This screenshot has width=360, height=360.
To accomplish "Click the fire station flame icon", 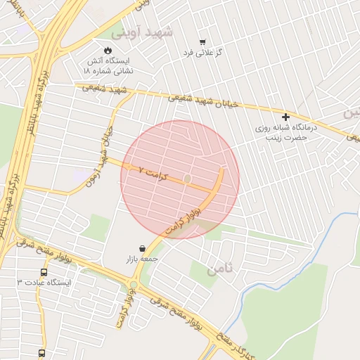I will click(108, 50).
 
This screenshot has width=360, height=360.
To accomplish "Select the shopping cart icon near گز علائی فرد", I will click(202, 41).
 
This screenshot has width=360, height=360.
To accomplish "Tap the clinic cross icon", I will click(285, 116).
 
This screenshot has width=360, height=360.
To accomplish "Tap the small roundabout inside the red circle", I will click(187, 180).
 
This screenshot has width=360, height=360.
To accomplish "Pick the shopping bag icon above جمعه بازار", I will click(143, 248).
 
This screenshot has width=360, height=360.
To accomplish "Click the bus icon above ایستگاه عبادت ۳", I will click(44, 272).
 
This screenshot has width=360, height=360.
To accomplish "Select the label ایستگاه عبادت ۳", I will click(44, 283).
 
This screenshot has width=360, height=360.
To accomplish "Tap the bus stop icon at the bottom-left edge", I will click(42, 354).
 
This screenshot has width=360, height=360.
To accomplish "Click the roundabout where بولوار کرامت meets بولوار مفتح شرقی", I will click(133, 285).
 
